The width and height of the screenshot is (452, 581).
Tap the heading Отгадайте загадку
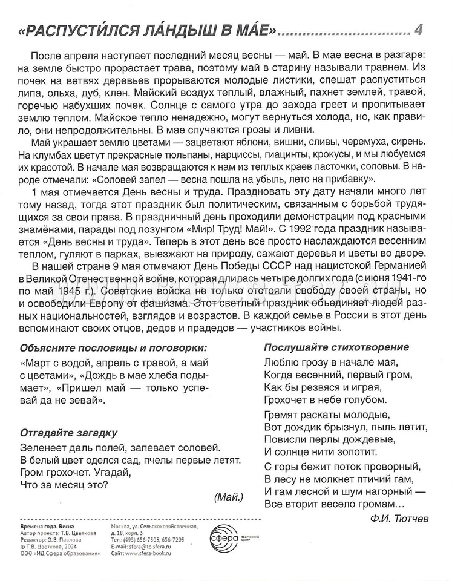68,433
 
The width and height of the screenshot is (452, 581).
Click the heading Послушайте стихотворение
336,347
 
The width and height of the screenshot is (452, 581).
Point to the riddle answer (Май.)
229,496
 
